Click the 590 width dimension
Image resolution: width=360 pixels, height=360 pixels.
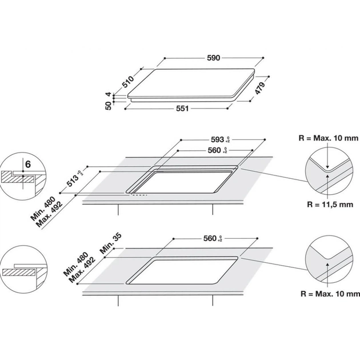coord(213,58)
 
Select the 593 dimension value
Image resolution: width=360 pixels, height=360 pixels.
coord(217,138)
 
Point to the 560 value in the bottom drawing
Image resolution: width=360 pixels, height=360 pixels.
coord(210,238)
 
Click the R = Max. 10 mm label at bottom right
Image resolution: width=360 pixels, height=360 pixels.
coord(330,294)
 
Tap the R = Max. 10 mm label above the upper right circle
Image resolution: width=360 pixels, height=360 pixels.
coord(330,137)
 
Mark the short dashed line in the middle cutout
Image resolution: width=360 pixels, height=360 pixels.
coord(139,195)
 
